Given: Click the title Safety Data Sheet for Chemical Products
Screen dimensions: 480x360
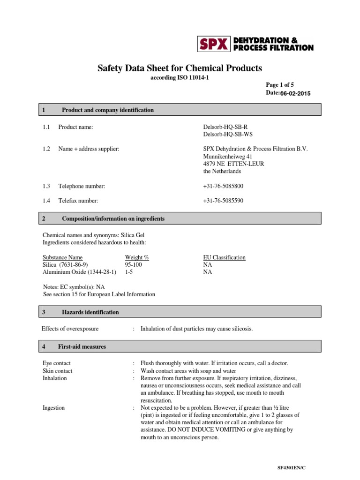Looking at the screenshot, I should [x=180, y=68].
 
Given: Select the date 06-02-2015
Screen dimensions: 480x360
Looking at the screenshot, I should [x=295, y=94].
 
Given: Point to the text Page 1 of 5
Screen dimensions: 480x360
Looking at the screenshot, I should [x=280, y=85].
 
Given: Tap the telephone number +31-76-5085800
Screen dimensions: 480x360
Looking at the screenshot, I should [x=223, y=186].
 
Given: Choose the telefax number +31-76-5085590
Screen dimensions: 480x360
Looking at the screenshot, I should [x=223, y=201].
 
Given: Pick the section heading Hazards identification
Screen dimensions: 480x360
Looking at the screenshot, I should [x=90, y=312].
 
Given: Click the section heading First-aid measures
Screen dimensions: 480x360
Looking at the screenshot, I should [x=82, y=346].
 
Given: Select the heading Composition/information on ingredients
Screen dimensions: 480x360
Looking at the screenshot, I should [x=113, y=218].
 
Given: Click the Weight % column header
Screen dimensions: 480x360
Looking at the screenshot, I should [x=137, y=257].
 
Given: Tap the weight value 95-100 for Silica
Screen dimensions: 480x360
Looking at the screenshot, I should [x=133, y=264].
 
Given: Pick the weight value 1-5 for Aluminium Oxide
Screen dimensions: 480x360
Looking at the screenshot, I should [x=128, y=272].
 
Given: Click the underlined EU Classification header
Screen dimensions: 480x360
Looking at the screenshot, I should [x=224, y=257].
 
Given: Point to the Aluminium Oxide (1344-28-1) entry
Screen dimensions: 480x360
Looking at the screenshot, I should [x=79, y=272].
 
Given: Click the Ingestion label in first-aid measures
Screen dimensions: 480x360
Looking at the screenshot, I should [x=53, y=408].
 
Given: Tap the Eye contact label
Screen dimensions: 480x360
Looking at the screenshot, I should [x=56, y=363].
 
